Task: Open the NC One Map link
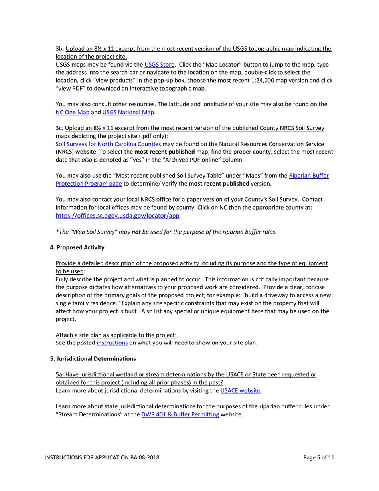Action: pyautogui.click(x=72, y=112)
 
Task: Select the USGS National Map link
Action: pyautogui.click(x=128, y=112)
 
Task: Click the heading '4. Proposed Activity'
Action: pyautogui.click(x=77, y=247)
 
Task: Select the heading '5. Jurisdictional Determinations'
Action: pyautogui.click(x=93, y=358)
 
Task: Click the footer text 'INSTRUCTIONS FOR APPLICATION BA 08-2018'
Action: pyautogui.click(x=102, y=458)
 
